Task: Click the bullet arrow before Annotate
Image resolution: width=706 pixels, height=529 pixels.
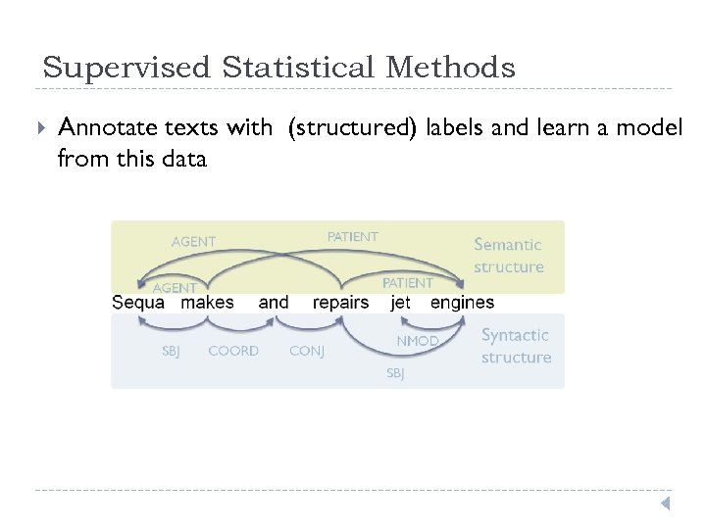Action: coord(38,127)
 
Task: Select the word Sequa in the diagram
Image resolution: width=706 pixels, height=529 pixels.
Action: coord(138,303)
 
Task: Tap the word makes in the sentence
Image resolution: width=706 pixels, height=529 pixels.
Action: coord(208,302)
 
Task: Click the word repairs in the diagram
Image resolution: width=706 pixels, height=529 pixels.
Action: coord(340,303)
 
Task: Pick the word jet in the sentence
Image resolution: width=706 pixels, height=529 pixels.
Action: coord(400,302)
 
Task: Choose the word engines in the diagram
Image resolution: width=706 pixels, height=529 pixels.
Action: coord(462,303)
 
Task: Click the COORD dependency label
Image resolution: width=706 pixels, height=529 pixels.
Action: coord(233,351)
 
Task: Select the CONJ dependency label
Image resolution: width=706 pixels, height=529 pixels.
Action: coord(307,351)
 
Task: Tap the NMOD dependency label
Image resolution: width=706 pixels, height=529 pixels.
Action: coord(417,341)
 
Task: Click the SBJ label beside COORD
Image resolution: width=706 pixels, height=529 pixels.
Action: coord(171,351)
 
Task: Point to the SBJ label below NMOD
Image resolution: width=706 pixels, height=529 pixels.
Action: coord(395,373)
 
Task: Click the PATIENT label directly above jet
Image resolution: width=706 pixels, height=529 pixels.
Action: coord(408,282)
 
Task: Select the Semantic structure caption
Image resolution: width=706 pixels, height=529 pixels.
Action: coord(508,256)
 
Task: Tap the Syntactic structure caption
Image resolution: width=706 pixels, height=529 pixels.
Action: coord(516,346)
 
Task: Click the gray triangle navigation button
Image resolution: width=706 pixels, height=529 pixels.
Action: coord(664,504)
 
